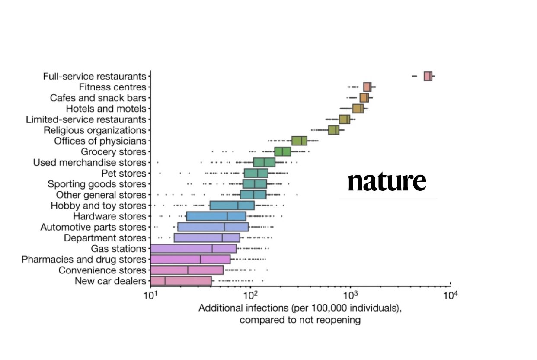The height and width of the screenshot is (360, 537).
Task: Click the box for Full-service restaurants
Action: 428,76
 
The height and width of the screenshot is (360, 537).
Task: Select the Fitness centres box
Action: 367,87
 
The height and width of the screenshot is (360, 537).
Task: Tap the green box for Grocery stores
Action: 283,151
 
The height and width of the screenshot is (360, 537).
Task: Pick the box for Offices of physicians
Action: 299,141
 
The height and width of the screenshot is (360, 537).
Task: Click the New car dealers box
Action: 181,281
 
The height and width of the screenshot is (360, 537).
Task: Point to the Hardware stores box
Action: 216,216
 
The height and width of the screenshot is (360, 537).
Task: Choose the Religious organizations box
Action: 333,130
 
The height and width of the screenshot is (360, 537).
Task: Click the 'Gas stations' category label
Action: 118,249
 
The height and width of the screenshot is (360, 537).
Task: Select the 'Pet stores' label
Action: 124,174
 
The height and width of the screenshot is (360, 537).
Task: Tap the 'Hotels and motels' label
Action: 106,109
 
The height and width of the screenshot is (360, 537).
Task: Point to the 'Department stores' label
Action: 105,238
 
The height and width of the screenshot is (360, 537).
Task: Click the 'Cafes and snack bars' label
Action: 98,98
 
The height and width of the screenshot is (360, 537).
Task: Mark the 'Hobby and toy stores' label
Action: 99,206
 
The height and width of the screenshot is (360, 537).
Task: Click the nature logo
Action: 387,182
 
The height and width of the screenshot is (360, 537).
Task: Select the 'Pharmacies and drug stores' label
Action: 84,260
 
